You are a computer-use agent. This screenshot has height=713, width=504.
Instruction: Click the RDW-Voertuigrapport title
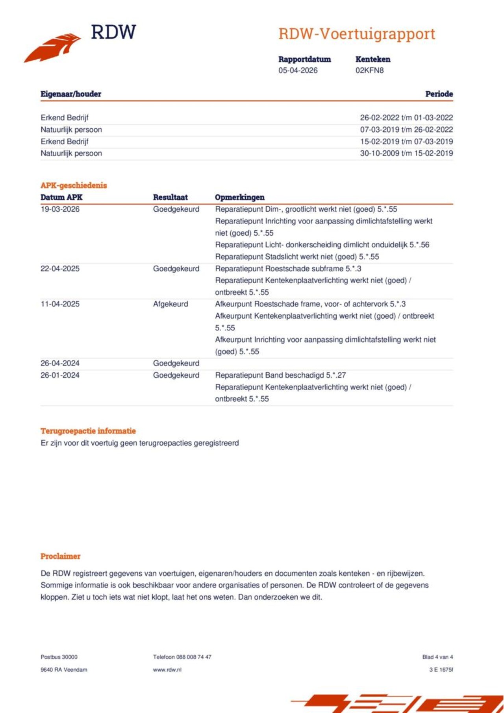(x=357, y=34)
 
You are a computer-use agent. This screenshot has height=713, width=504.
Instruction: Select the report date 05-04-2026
(x=298, y=70)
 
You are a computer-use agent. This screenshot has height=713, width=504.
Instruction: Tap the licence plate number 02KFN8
(x=369, y=70)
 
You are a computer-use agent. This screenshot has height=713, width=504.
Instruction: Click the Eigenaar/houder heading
(x=71, y=94)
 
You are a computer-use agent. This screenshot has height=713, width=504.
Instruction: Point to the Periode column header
(x=439, y=94)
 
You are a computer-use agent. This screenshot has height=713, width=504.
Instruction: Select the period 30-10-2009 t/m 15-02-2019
(x=406, y=153)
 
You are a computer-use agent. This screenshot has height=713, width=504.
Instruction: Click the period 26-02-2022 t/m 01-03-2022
(x=406, y=118)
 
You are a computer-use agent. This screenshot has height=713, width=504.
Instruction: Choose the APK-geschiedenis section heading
(x=74, y=185)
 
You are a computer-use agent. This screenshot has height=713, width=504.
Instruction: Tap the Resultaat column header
(x=170, y=197)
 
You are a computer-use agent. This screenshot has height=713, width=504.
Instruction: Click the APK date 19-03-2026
(x=60, y=209)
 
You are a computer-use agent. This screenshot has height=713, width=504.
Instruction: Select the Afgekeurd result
(x=170, y=304)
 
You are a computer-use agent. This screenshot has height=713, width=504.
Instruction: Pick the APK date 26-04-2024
(x=60, y=363)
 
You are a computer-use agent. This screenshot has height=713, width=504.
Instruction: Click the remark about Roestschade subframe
(x=288, y=269)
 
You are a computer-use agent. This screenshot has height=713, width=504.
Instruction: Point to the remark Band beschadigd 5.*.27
(x=280, y=375)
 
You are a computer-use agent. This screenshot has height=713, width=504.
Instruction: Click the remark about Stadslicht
(x=297, y=257)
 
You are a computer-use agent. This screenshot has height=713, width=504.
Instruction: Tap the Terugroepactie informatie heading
(x=88, y=431)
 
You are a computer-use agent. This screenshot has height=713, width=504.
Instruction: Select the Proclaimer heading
(x=60, y=556)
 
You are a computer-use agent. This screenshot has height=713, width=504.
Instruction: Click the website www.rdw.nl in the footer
(x=167, y=670)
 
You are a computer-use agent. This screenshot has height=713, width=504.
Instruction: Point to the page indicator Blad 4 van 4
(x=437, y=657)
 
